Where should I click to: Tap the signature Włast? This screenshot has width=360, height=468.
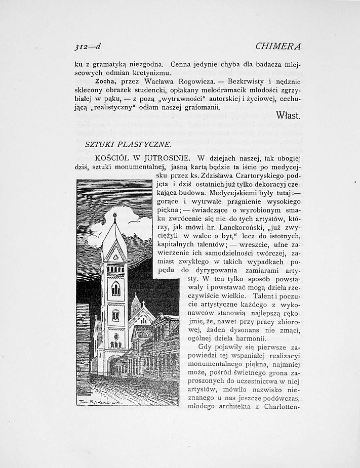(289, 115)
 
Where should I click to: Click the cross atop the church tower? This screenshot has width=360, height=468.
(114, 216)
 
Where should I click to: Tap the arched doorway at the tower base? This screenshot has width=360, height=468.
(114, 364)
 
